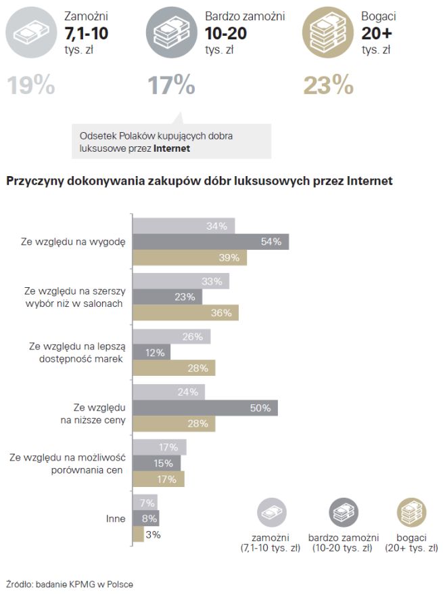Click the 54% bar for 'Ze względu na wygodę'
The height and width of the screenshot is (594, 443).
[x=210, y=242]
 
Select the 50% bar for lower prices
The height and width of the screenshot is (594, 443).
[x=205, y=408]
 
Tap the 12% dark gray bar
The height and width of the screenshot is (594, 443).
[x=151, y=352]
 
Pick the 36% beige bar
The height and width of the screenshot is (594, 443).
[x=185, y=313]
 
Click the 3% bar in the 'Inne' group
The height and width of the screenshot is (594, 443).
[x=138, y=534]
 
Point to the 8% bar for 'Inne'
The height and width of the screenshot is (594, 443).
[x=145, y=519]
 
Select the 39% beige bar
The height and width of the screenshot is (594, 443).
[x=189, y=258]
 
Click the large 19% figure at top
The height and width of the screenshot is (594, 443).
[x=31, y=85]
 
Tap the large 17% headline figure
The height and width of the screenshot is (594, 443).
[x=171, y=85]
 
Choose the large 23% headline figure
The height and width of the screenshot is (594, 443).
[x=328, y=85]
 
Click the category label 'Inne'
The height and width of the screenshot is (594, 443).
[x=116, y=519]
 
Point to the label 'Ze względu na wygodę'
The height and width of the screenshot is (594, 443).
[x=74, y=242]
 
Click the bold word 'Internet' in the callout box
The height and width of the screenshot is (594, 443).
[x=171, y=148]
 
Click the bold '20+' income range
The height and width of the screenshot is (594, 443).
[x=377, y=33]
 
